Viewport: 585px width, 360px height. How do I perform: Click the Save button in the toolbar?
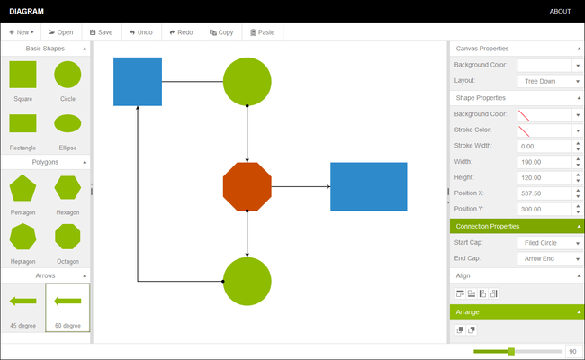click(x=101, y=32)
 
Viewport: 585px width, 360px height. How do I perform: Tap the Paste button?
click(x=262, y=32)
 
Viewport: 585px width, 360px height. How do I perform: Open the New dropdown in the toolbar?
click(x=22, y=32)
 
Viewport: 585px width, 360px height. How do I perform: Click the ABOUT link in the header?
click(x=560, y=11)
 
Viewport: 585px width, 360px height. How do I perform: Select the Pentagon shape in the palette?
click(x=22, y=188)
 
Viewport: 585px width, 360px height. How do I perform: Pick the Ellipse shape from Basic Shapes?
click(x=67, y=123)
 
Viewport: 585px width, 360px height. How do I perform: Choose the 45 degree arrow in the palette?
click(x=22, y=301)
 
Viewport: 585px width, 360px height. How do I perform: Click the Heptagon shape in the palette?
click(x=22, y=237)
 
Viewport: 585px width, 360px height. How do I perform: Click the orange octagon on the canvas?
click(x=247, y=186)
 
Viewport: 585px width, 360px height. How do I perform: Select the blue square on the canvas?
click(x=138, y=82)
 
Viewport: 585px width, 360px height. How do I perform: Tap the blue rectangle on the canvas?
click(x=369, y=186)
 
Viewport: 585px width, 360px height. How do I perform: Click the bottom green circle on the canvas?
click(x=247, y=282)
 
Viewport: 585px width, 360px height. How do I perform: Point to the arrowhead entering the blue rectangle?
click(x=328, y=186)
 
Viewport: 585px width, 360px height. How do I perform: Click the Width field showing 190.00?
click(x=544, y=162)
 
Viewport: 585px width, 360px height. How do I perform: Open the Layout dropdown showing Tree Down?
click(x=550, y=81)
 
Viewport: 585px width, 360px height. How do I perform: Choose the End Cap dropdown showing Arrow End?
click(x=550, y=258)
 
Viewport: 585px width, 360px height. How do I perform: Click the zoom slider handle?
click(x=511, y=351)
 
